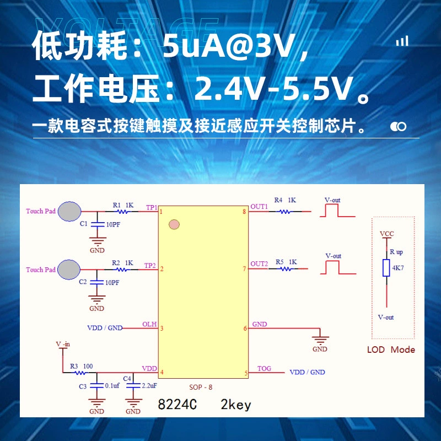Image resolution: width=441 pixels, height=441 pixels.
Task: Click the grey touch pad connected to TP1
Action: pyautogui.click(x=69, y=211)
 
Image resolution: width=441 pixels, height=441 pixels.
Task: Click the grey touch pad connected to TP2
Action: pyautogui.click(x=69, y=270)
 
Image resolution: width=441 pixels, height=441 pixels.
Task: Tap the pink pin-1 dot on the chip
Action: pyautogui.click(x=174, y=224)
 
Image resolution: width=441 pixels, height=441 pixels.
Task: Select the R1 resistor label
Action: pyautogui.click(x=116, y=205)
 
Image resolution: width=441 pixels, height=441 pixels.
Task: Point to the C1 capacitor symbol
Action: pyautogui.click(x=98, y=224)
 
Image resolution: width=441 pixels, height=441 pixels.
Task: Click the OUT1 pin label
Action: pyautogui.click(x=259, y=207)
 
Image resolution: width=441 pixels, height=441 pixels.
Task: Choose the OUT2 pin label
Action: pyautogui.click(x=259, y=264)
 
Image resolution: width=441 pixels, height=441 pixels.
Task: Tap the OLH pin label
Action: pyautogui.click(x=149, y=324)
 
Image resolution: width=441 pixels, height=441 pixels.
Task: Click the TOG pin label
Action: pyautogui.click(x=264, y=368)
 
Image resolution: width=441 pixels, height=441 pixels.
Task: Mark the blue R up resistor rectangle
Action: pyautogui.click(x=386, y=268)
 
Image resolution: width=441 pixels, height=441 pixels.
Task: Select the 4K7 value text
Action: pyautogui.click(x=398, y=268)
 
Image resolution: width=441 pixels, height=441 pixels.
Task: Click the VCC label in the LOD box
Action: pyautogui.click(x=387, y=234)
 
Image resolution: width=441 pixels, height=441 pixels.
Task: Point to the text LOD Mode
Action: pyautogui.click(x=391, y=349)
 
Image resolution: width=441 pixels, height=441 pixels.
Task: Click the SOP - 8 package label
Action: pyautogui.click(x=201, y=388)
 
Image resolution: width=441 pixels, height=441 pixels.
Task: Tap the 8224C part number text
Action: pyautogui.click(x=178, y=405)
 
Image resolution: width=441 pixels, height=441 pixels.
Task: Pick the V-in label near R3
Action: pyautogui.click(x=63, y=344)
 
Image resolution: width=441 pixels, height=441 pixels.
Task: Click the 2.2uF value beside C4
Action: pyautogui.click(x=149, y=385)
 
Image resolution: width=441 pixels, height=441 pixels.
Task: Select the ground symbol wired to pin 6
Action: pyautogui.click(x=320, y=340)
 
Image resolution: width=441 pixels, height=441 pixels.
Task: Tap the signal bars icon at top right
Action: pyautogui.click(x=402, y=41)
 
